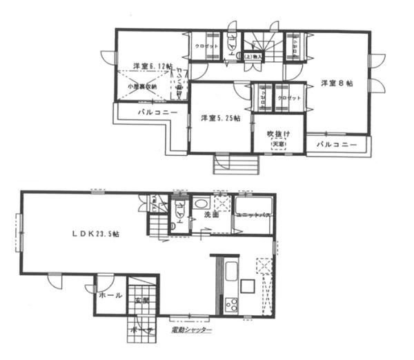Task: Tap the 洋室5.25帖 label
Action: pos(220,119)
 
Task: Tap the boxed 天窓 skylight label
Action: pos(279,143)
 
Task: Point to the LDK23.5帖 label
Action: pos(96,234)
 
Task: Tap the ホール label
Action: pos(110,295)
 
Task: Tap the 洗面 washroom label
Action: pos(211,216)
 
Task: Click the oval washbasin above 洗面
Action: pos(199,204)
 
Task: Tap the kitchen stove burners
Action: pos(230,304)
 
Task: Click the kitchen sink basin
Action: pos(232,271)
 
